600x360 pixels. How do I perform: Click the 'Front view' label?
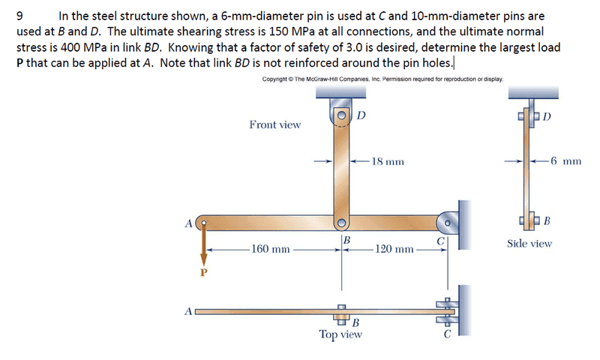[274, 124]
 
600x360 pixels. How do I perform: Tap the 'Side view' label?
[529, 243]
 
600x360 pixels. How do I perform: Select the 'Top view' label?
[340, 334]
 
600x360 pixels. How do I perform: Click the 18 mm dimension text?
[388, 160]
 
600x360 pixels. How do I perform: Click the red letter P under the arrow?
[202, 271]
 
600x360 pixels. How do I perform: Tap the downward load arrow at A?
[202, 247]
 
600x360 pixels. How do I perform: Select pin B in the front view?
[341, 222]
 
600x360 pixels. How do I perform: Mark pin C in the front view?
[447, 222]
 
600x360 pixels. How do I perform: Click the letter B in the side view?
[547, 220]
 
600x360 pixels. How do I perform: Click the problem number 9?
[19, 15]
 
